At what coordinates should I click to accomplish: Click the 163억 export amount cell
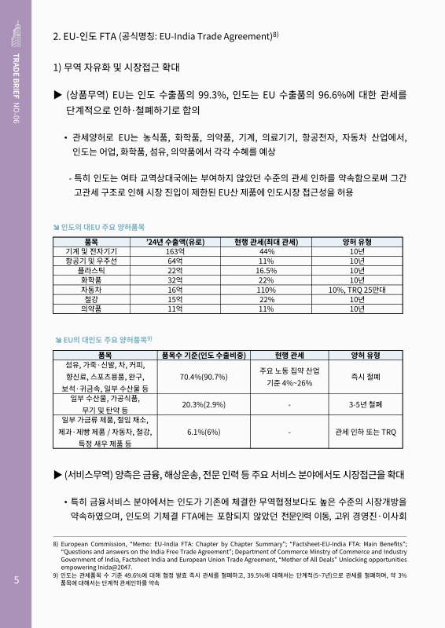[175, 251]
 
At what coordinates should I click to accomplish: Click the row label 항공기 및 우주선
[90, 261]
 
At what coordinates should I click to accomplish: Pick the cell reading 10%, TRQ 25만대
[357, 290]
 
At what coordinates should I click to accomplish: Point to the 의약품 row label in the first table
[90, 309]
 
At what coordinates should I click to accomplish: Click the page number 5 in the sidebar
[16, 581]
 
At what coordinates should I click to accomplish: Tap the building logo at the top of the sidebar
[16, 32]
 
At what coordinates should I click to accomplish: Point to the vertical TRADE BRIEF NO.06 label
[16, 91]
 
